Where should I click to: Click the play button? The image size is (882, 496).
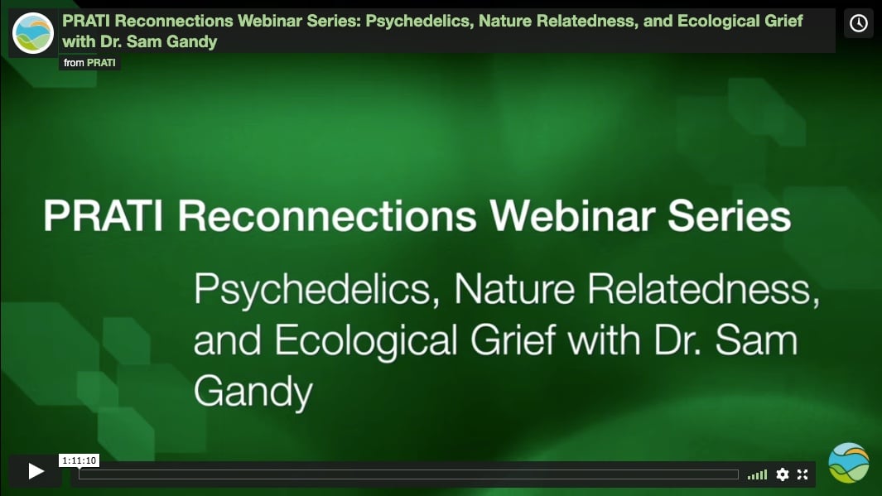pyautogui.click(x=36, y=471)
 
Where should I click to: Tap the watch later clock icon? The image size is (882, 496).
pyautogui.click(x=859, y=23)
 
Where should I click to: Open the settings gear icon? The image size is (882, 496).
pyautogui.click(x=783, y=474)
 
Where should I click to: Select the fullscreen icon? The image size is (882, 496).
pyautogui.click(x=802, y=474)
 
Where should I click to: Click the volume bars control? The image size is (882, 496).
pyautogui.click(x=757, y=474)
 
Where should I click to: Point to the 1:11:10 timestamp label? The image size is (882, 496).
pyautogui.click(x=80, y=460)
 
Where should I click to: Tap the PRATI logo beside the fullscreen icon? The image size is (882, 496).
pyautogui.click(x=849, y=463)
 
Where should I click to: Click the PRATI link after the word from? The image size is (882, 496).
pyautogui.click(x=101, y=63)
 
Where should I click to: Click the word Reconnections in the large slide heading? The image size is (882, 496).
pyautogui.click(x=326, y=217)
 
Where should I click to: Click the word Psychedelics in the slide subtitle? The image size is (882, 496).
pyautogui.click(x=316, y=292)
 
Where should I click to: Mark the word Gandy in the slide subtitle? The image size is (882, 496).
pyautogui.click(x=252, y=392)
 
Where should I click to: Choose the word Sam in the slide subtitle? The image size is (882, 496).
pyautogui.click(x=759, y=342)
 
